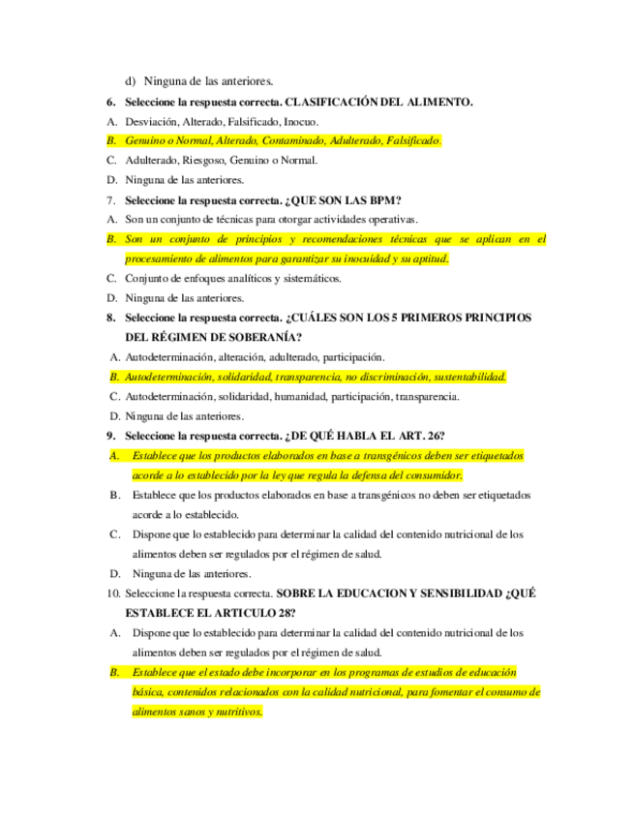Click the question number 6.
pos(110,102)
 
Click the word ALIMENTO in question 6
pos(439,102)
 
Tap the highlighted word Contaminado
pos(293,141)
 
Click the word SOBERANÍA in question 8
pos(261,337)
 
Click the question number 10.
pos(112,593)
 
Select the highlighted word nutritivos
pos(234,712)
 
